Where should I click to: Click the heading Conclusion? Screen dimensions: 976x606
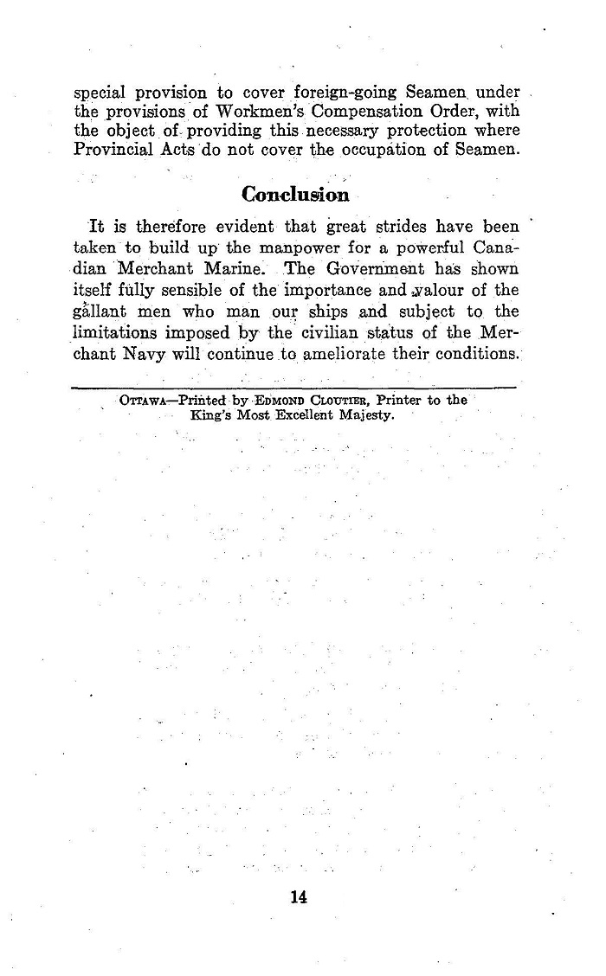tap(295, 194)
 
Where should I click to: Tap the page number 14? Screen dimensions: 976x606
tap(300, 896)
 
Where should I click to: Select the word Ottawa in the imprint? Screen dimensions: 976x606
tap(145, 401)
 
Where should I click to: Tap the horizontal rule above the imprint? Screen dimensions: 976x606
tap(294, 388)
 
